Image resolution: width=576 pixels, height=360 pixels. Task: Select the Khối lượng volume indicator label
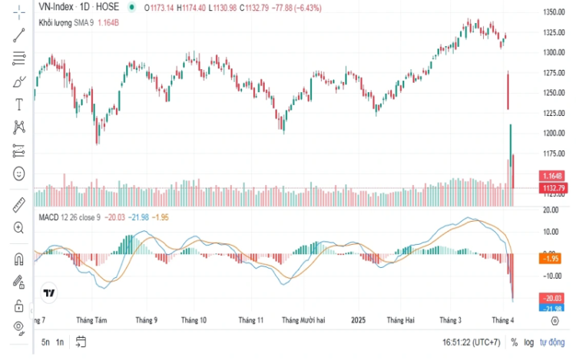coord(55,23)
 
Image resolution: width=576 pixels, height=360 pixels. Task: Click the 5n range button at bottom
coord(45,342)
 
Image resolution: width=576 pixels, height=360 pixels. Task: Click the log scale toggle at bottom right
coord(528,342)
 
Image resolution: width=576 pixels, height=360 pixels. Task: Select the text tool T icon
coord(19,102)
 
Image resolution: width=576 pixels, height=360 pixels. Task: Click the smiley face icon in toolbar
coord(19,173)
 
